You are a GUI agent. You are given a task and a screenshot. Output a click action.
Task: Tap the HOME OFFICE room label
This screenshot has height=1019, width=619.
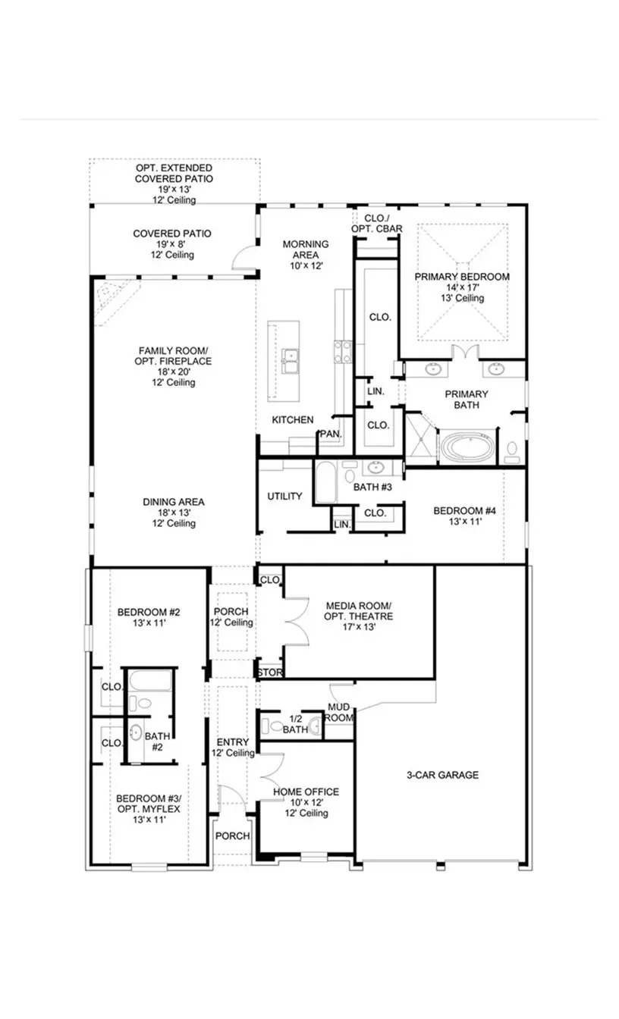[306, 792]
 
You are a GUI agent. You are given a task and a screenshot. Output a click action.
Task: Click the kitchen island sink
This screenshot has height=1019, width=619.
[288, 361]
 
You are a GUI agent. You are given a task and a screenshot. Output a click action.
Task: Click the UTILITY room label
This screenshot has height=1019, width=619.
[284, 497]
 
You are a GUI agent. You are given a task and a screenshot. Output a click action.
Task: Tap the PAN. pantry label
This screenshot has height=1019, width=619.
[329, 434]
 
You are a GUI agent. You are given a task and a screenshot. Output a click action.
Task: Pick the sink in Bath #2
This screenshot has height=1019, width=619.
[135, 732]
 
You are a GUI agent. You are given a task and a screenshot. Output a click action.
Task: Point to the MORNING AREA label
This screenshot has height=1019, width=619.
[305, 249]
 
